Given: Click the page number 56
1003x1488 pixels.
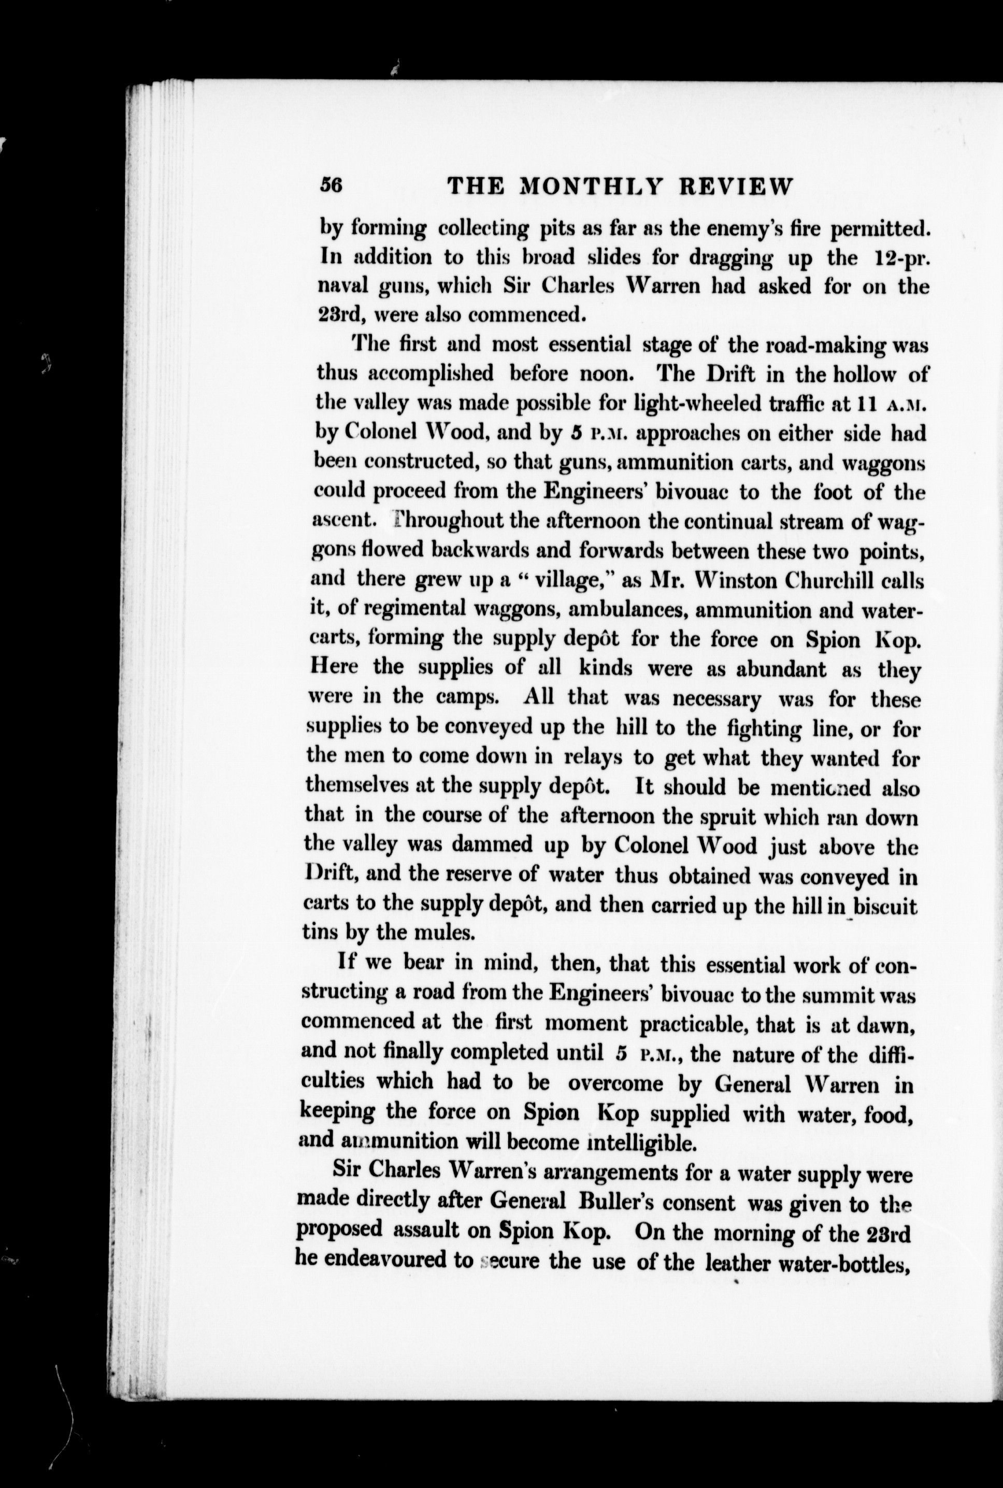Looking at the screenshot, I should point(332,185).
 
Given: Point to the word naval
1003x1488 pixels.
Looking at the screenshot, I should point(338,286).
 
